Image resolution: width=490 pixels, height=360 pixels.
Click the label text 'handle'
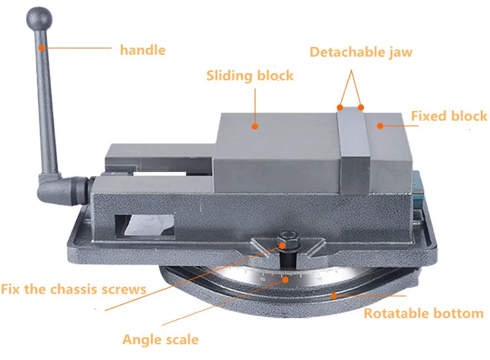click(x=142, y=50)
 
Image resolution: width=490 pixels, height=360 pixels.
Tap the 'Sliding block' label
click(x=250, y=75)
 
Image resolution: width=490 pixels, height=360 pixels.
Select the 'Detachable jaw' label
click(x=361, y=52)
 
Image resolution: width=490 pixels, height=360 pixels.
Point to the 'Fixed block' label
click(x=449, y=116)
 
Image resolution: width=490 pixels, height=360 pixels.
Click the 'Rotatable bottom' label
click(x=423, y=313)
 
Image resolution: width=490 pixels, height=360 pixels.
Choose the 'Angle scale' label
click(x=160, y=339)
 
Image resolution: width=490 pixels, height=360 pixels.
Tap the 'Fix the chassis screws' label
click(x=73, y=288)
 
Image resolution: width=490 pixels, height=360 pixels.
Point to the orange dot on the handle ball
click(x=41, y=48)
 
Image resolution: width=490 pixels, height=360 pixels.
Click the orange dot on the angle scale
click(x=286, y=277)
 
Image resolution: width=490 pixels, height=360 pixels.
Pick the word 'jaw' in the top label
click(x=399, y=52)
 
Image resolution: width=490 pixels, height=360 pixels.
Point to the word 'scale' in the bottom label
click(x=180, y=339)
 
